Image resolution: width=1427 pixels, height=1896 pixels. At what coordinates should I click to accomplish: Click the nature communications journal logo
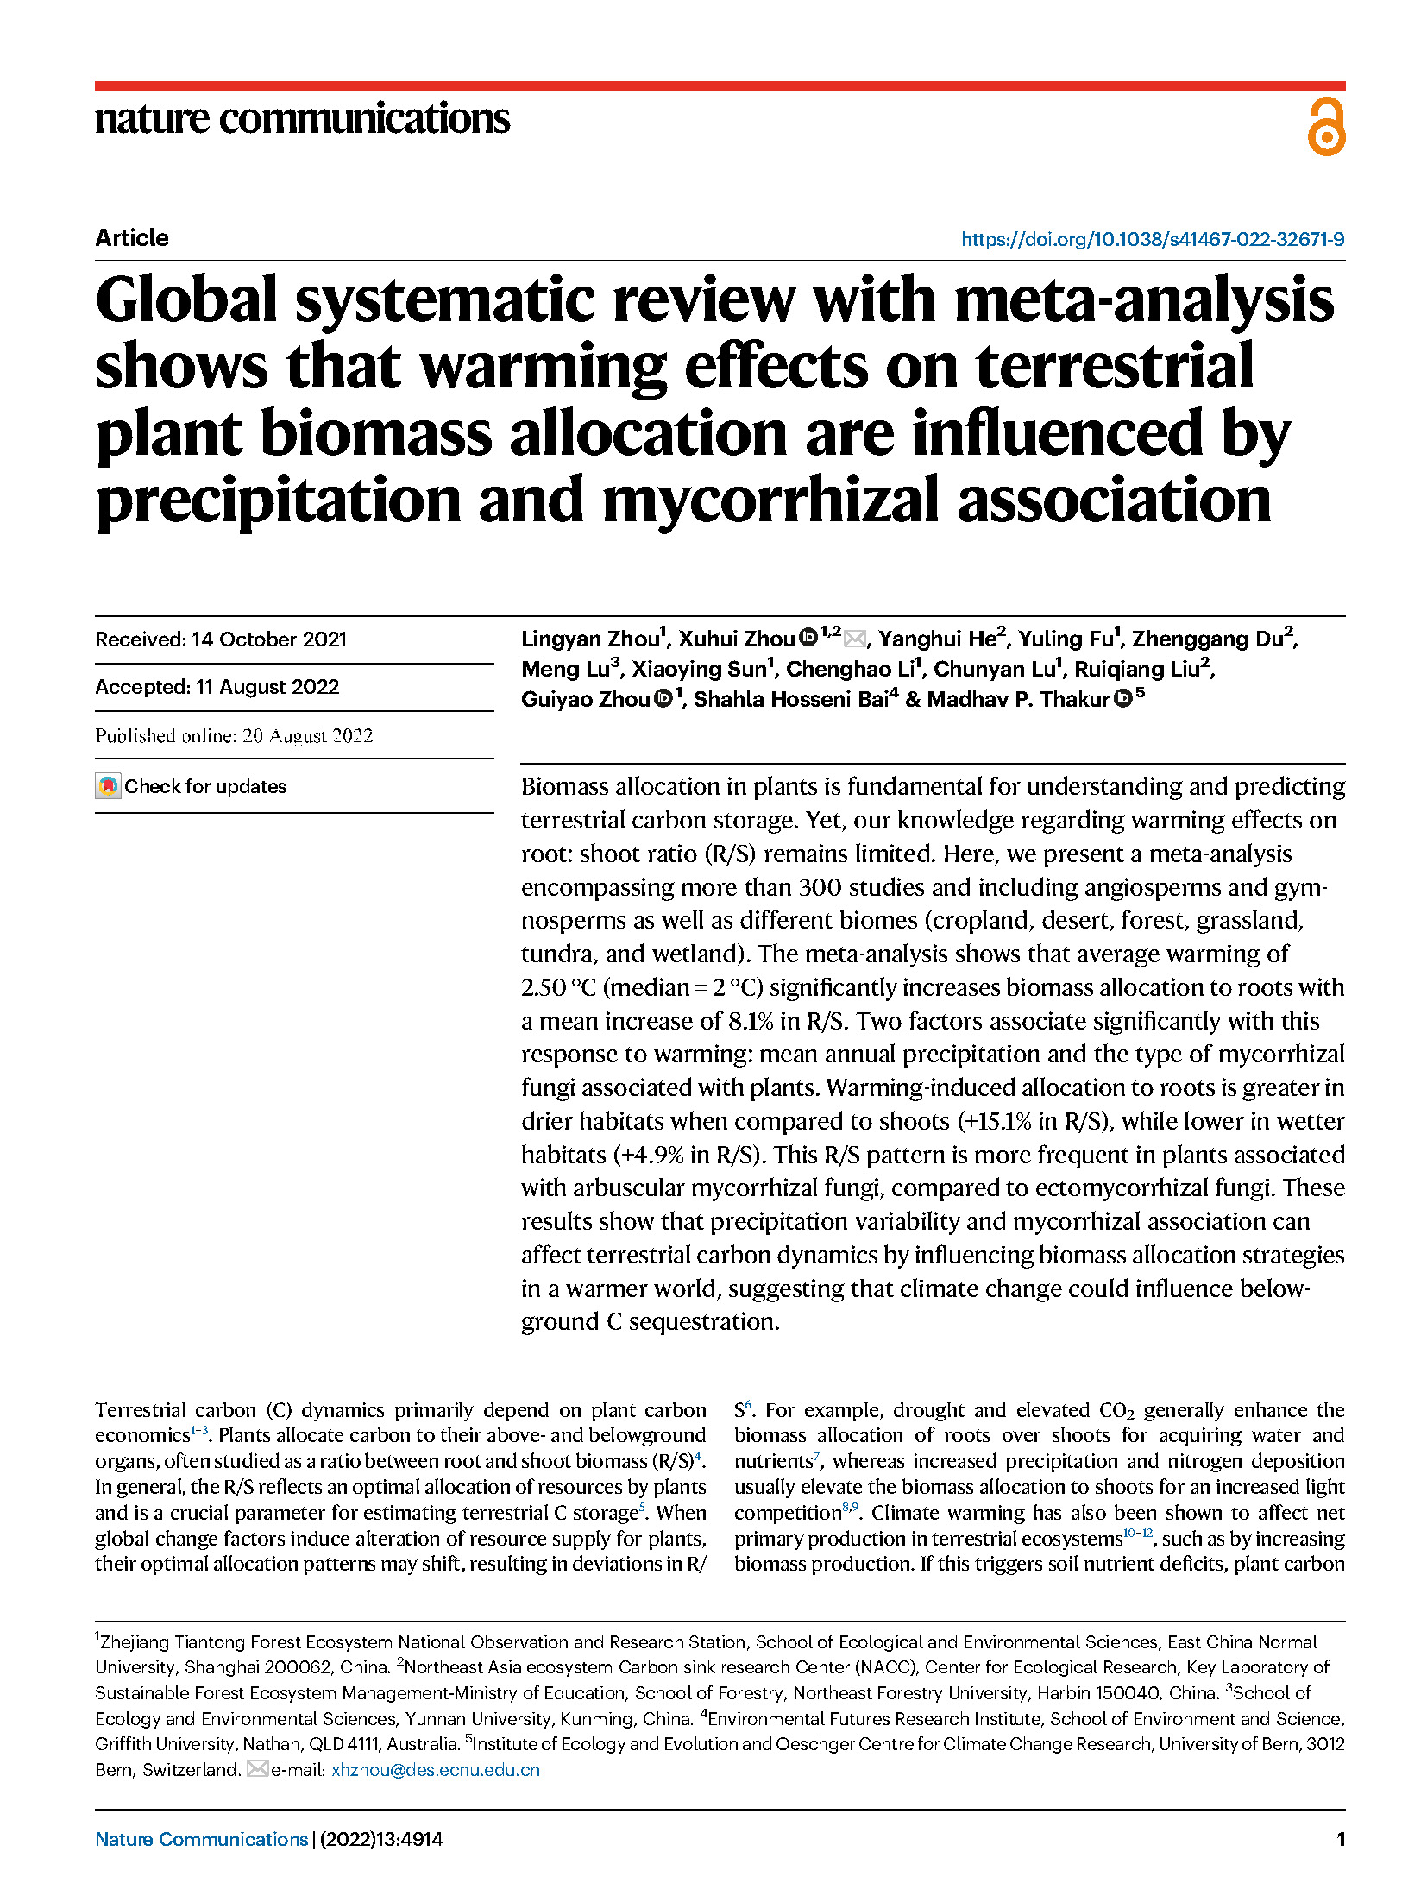302,119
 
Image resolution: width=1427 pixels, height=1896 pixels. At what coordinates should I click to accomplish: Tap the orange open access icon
1325,127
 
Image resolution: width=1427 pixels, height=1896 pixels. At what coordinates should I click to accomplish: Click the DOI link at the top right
1152,239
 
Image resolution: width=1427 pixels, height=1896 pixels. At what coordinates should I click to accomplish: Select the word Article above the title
132,238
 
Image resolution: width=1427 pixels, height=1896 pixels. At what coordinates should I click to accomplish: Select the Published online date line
234,735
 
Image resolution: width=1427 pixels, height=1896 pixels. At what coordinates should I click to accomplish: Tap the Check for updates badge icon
108,786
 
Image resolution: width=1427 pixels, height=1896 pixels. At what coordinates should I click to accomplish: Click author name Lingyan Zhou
590,639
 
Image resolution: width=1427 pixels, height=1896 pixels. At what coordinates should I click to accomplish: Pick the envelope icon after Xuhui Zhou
855,639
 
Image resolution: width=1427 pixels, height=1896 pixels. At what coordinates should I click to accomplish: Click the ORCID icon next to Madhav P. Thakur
1122,699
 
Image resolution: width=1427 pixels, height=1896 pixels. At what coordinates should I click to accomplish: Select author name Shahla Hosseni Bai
791,700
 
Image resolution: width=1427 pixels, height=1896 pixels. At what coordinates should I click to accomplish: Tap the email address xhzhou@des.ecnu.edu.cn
435,1769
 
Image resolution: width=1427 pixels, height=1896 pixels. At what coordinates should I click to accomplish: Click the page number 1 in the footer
1340,1839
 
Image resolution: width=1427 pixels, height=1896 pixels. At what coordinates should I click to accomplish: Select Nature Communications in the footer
201,1839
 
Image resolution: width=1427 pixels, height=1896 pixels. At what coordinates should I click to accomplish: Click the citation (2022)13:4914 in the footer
381,1839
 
